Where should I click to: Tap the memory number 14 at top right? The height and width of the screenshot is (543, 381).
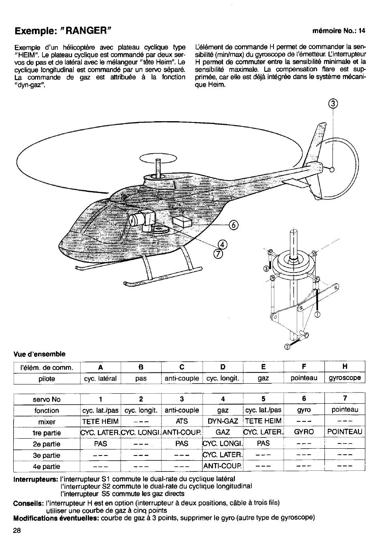coord(362,31)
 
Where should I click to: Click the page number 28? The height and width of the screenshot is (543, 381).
coord(16,530)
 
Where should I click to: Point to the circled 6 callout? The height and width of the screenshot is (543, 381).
coord(234,225)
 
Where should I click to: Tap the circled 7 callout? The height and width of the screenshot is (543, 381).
coord(219,254)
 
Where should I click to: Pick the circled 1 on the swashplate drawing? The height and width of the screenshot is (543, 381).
coord(318,315)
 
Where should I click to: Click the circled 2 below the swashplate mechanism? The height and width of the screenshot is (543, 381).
coord(287,347)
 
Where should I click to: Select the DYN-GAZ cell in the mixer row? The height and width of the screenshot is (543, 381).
coord(223,421)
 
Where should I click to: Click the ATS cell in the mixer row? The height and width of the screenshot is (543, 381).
coord(182,421)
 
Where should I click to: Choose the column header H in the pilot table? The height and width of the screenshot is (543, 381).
coord(345,367)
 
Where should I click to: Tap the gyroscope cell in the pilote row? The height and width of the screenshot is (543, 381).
coord(345,378)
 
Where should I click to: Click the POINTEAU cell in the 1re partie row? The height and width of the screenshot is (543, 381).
coord(345,432)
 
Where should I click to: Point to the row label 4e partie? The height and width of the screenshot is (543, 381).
coord(47,466)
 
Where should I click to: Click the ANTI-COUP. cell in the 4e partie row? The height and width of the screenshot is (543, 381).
coord(223,466)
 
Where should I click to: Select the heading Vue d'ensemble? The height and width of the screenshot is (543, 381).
coord(39,354)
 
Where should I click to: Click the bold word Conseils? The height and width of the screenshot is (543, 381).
coord(28,503)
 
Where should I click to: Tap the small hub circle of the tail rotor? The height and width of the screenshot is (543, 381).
coord(331,169)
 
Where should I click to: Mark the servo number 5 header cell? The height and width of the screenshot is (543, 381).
coord(263,399)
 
